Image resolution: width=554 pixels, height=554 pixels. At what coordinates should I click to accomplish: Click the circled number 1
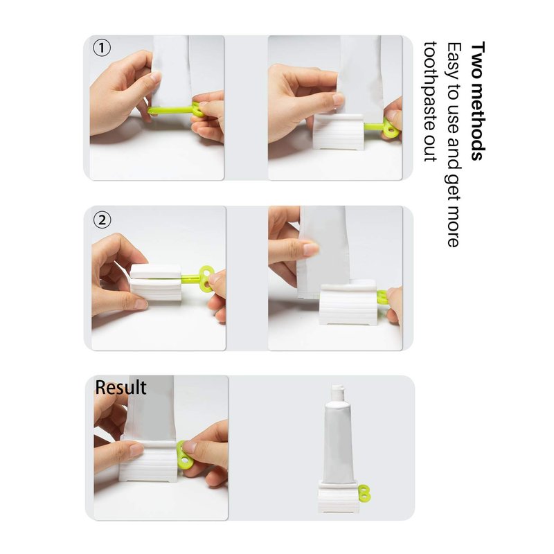pos(102,48)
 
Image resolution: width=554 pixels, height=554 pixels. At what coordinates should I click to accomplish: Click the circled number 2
pos(102,220)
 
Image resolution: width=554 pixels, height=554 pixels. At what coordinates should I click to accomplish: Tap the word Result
pos(120,387)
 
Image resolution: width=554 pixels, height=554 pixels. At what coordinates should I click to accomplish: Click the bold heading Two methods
pos(478,100)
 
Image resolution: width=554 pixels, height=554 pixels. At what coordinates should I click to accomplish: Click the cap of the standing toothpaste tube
pos(337,392)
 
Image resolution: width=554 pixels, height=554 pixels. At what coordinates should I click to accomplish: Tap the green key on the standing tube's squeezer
pos(364,493)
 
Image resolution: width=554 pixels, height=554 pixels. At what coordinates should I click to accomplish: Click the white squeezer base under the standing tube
pos(339,496)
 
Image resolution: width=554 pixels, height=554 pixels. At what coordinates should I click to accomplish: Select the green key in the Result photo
pos(184,455)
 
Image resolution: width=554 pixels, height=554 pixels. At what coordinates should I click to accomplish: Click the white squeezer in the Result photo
pos(148,461)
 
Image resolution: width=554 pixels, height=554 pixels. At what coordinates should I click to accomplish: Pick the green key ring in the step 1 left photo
pos(197,109)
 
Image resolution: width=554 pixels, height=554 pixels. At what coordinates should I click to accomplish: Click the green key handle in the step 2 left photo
pos(206,278)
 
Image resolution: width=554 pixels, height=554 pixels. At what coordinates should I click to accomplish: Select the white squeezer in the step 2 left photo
pos(155,283)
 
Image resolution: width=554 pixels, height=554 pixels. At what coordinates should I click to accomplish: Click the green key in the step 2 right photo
pos(382,297)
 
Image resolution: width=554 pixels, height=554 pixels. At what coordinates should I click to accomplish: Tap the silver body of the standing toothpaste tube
pos(339,442)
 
